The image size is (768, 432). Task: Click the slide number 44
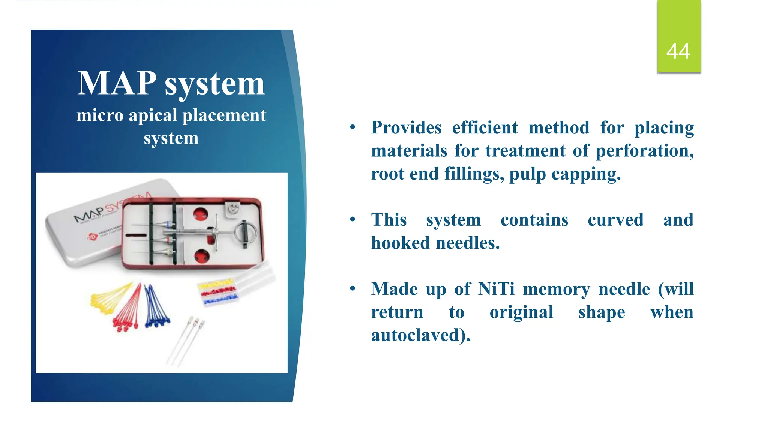click(678, 51)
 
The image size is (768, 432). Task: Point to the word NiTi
click(496, 289)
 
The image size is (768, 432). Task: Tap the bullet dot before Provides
click(352, 127)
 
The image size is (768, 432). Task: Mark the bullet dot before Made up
click(352, 289)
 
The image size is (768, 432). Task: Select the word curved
click(615, 220)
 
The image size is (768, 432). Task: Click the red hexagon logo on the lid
click(92, 237)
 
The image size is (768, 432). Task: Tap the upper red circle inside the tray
click(200, 214)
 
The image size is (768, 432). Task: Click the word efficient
click(485, 128)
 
